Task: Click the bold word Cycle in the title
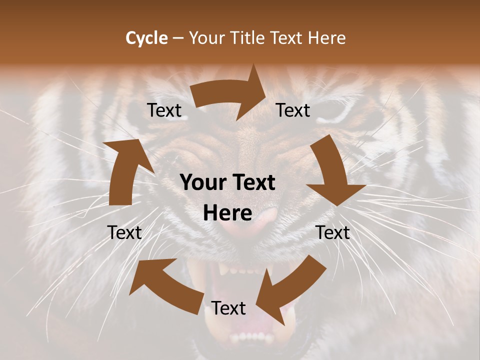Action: [146, 38]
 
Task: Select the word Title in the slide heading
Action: [249, 38]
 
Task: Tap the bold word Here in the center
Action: [227, 213]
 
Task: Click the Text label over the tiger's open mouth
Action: [228, 308]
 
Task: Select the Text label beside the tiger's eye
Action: [293, 110]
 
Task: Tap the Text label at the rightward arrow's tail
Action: [164, 110]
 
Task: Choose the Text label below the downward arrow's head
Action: [332, 232]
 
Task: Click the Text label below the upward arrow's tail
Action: [124, 232]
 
